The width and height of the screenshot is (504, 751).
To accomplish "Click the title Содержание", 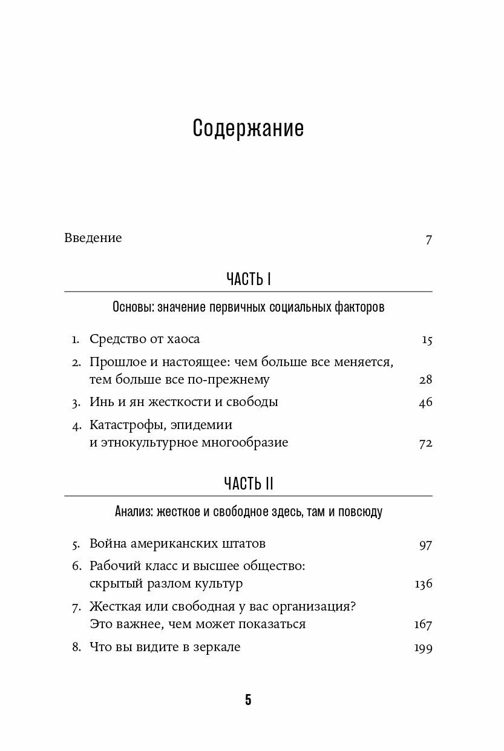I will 248,128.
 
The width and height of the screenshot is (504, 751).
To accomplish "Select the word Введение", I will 93,238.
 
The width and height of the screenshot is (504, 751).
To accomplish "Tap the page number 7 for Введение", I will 428,239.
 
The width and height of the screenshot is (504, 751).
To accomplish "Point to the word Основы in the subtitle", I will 133,307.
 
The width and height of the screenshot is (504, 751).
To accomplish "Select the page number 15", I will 427,339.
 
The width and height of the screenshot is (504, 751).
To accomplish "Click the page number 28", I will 425,380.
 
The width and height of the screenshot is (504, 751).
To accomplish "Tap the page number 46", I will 425,402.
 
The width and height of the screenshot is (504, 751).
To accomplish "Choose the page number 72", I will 425,443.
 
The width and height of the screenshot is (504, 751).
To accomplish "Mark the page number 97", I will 425,544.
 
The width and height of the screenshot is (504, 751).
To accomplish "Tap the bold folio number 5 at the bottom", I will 248,700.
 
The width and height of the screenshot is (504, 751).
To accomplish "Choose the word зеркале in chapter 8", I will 215,647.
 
